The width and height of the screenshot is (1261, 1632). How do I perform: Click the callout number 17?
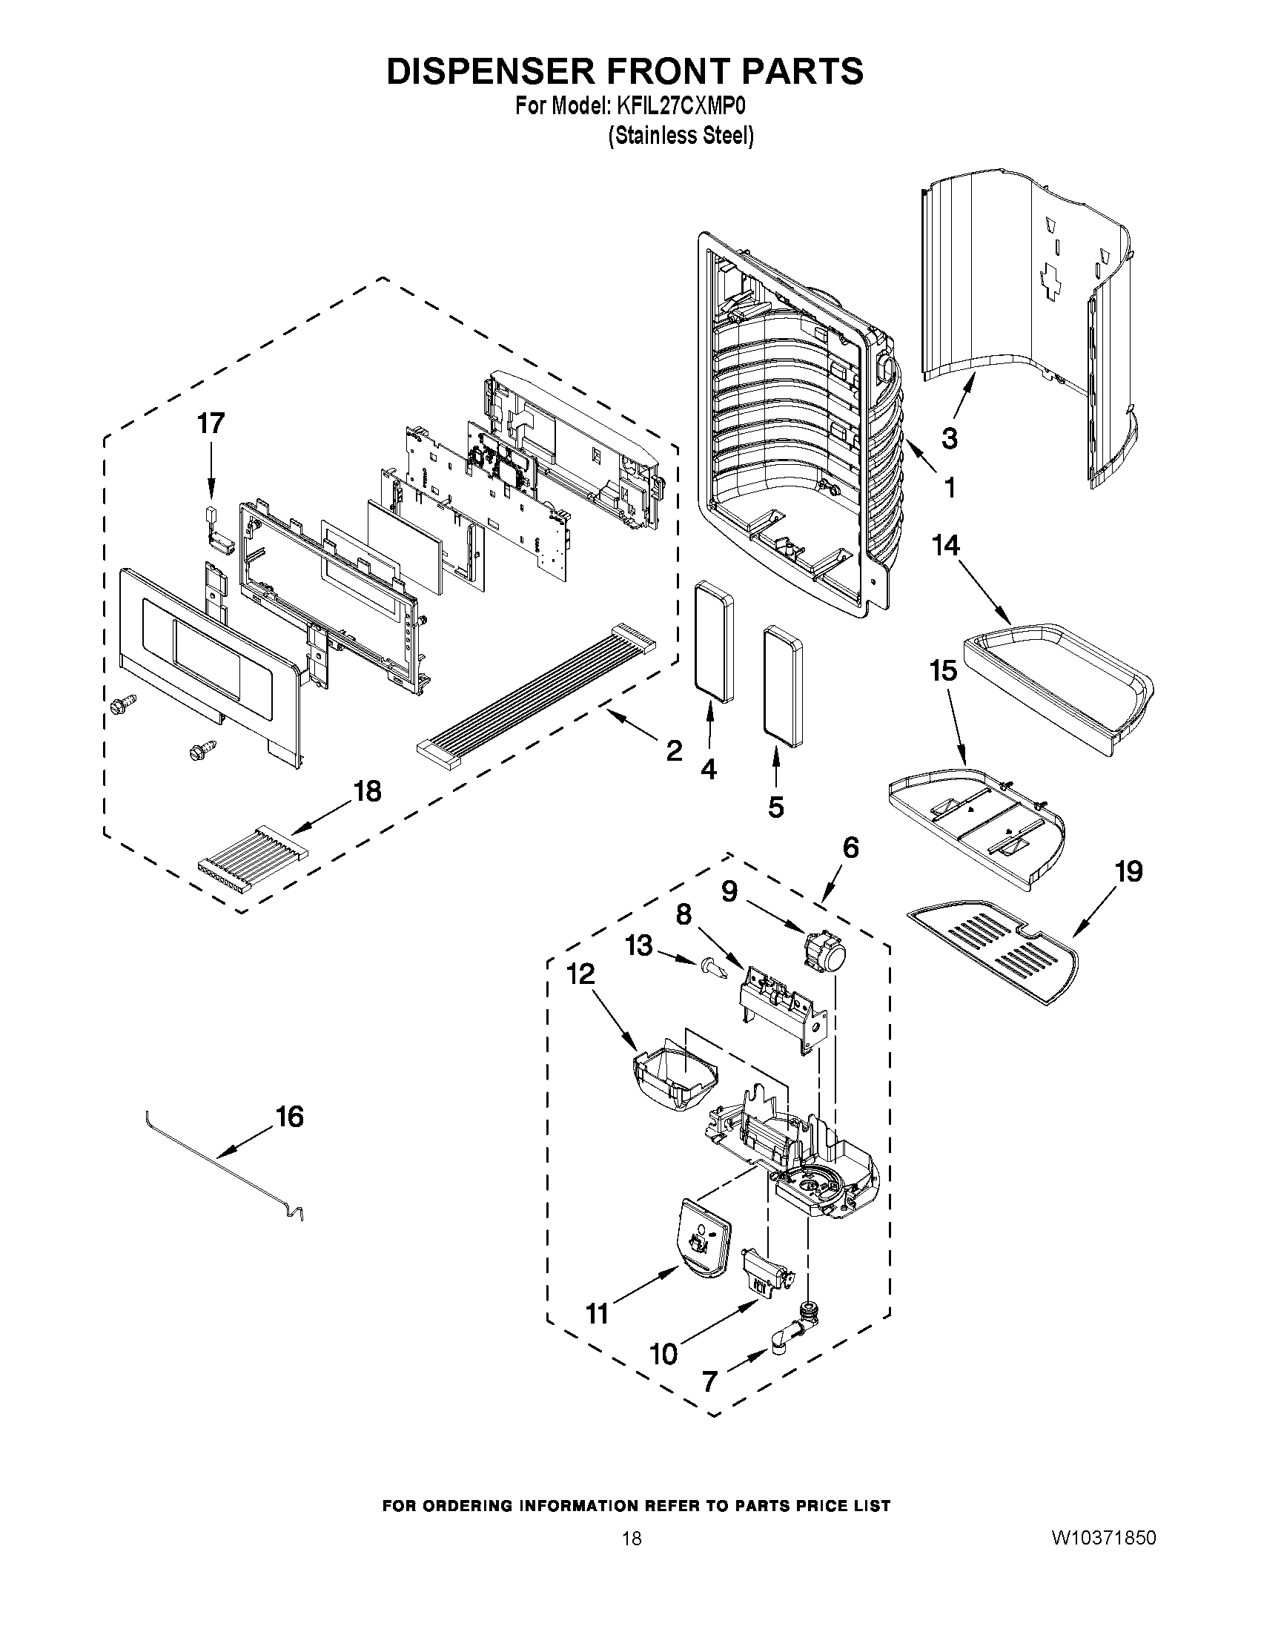210,423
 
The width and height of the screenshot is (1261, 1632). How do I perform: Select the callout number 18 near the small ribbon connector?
367,790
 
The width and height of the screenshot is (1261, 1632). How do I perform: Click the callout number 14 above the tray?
945,546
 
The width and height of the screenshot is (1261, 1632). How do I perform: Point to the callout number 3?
949,439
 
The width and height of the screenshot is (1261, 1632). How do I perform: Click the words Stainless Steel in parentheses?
680,136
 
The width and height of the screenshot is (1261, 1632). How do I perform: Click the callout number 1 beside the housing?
949,488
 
